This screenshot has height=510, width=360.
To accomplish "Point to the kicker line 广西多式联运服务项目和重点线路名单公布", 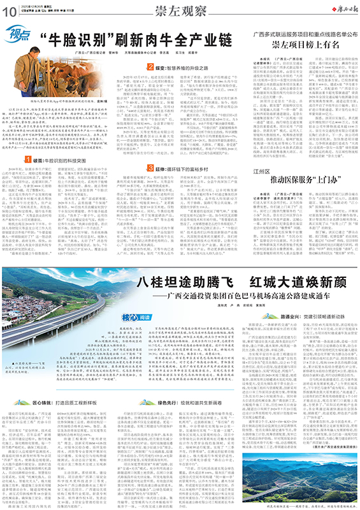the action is (301, 33).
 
